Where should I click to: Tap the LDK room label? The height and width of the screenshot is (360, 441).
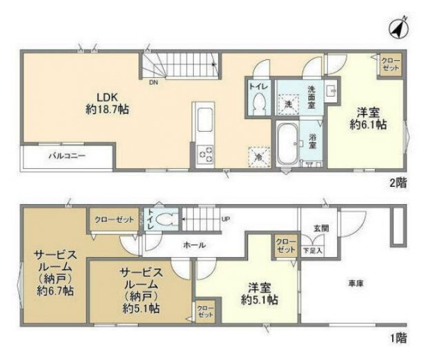point(106,97)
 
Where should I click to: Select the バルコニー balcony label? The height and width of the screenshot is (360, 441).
point(67,156)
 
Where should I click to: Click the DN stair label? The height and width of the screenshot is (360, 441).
point(152,81)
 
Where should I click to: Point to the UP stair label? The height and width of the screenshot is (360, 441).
point(225,219)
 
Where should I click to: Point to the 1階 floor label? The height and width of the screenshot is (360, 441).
point(398,338)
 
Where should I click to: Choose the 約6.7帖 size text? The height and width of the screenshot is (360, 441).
point(57,292)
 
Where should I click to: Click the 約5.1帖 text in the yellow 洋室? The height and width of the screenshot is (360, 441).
point(260,301)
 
